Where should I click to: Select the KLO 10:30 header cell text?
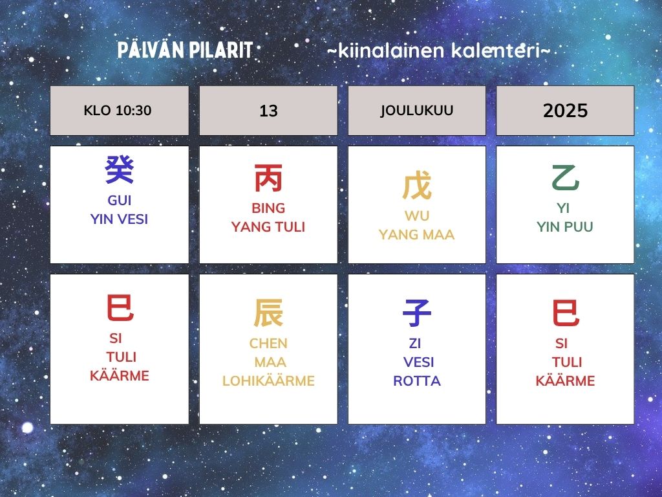click(118, 110)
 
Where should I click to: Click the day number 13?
click(268, 111)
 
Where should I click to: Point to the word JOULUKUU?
click(417, 110)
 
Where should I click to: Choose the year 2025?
click(565, 111)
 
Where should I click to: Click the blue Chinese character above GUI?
click(120, 170)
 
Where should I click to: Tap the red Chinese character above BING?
click(268, 179)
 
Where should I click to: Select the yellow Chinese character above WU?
click(417, 186)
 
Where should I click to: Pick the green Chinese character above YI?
click(565, 178)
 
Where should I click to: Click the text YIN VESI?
click(119, 219)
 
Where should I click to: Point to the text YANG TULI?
click(268, 227)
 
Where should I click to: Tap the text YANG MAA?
click(417, 234)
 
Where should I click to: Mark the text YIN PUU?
click(565, 227)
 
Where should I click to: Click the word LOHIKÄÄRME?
click(268, 381)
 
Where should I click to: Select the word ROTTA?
click(417, 381)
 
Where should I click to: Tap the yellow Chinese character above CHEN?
click(268, 313)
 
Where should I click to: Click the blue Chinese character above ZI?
click(417, 313)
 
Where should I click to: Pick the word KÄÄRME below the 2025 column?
click(565, 381)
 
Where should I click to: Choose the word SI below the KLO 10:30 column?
click(116, 338)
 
